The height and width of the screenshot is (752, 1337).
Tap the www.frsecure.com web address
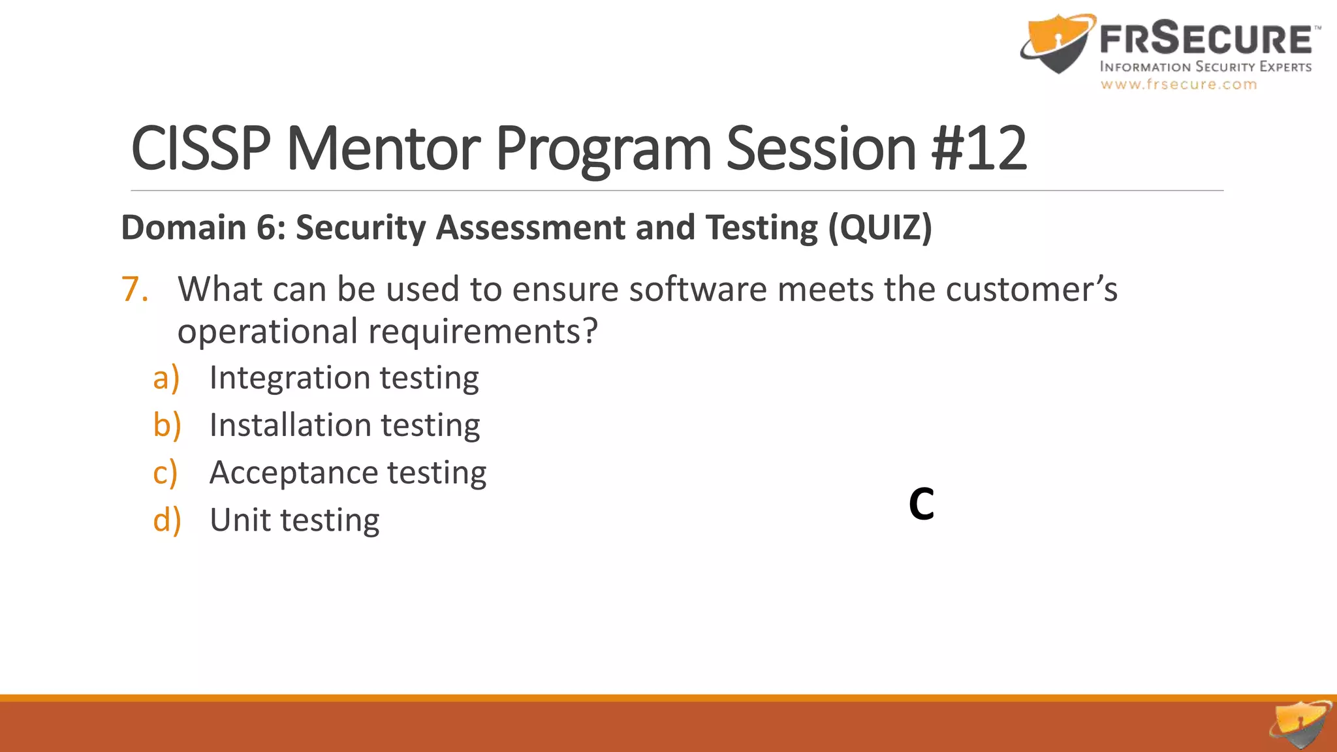point(1178,84)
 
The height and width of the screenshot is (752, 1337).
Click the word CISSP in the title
point(201,149)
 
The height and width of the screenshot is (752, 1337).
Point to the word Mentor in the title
point(383,149)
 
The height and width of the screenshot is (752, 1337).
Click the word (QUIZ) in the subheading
point(880,228)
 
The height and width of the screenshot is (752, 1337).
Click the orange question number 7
point(134,289)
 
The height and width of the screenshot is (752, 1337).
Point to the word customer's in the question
point(1031,289)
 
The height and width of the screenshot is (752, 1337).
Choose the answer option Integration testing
point(344,378)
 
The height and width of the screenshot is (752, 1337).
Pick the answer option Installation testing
point(345,426)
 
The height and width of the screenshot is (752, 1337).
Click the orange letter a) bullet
point(166,378)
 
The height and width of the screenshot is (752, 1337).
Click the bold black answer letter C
point(921,505)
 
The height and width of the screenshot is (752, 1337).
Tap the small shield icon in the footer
point(1300,725)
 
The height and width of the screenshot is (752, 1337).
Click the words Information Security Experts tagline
point(1205,67)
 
